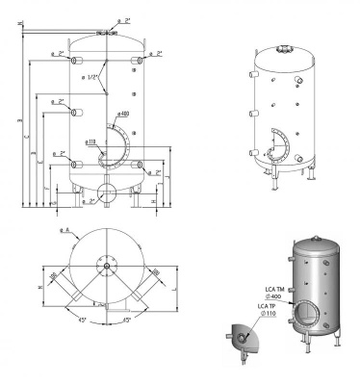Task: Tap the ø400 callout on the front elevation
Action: click(124, 114)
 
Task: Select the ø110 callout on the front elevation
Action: click(91, 142)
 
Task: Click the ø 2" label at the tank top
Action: click(123, 19)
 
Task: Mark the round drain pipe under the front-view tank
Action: click(104, 192)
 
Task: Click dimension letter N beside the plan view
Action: click(39, 287)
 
